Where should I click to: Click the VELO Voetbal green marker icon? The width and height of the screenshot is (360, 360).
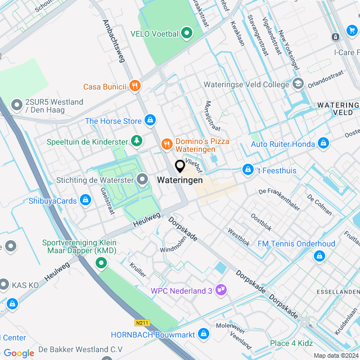(187, 34)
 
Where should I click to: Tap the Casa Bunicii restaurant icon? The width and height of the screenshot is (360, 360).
(134, 86)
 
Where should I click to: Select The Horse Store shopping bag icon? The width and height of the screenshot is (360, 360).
(150, 120)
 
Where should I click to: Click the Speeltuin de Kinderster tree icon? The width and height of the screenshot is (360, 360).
(136, 141)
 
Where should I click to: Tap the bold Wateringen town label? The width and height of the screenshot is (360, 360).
(180, 181)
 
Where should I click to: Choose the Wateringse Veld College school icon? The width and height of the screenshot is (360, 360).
(298, 84)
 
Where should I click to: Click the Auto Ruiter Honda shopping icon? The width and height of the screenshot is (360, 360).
(323, 144)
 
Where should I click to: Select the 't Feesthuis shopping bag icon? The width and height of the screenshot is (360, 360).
(247, 169)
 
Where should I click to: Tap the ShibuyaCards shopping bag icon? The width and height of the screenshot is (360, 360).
(85, 200)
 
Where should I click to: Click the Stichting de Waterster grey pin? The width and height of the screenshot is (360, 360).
(143, 180)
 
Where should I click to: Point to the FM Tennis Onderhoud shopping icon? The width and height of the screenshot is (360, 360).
(319, 256)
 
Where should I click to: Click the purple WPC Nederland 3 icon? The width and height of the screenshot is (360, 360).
(222, 290)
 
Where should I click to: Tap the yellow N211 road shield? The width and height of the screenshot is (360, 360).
(142, 323)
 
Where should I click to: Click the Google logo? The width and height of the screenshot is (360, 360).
(19, 353)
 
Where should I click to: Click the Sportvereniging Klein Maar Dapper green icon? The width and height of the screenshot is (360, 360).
(101, 263)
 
